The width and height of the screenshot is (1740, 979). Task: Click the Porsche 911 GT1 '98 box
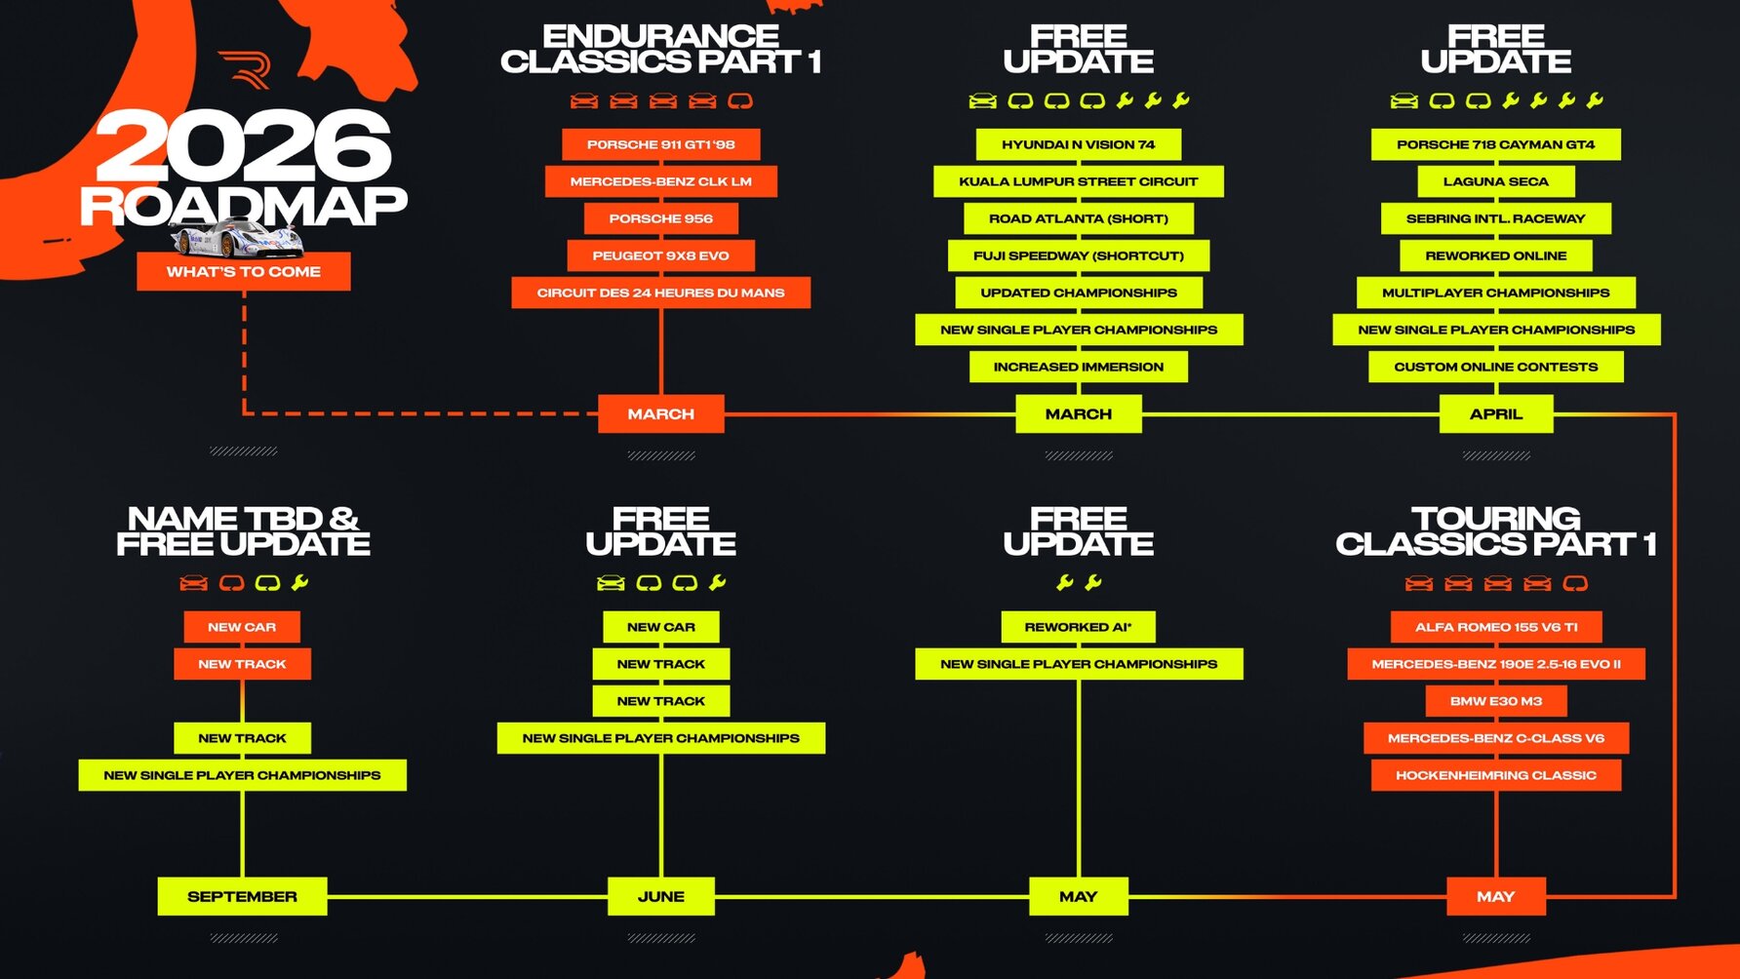660,144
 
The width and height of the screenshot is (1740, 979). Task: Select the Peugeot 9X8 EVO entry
660,255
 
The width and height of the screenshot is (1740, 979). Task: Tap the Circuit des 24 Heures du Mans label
660,293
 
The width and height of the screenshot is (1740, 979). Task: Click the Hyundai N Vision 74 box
1078,144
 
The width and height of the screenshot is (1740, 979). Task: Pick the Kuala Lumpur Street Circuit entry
1078,181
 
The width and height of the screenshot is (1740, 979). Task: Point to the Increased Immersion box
1078,367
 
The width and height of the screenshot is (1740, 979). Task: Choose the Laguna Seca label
1495,181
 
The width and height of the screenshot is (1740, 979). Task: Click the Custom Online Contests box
1495,367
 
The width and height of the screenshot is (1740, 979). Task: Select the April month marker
1495,413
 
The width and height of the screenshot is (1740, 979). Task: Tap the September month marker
242,896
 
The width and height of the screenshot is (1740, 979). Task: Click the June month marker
660,896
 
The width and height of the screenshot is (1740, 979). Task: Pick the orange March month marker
660,413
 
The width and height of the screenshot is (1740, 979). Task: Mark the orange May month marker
1495,896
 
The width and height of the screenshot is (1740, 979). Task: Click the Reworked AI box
1078,627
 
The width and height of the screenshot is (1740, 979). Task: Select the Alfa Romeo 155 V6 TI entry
1495,627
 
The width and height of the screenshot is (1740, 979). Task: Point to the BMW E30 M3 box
1495,701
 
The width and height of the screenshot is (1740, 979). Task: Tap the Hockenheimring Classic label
1495,775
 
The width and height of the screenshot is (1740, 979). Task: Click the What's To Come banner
243,271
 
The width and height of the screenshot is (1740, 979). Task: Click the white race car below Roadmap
234,237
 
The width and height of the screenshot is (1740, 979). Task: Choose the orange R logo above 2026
245,69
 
